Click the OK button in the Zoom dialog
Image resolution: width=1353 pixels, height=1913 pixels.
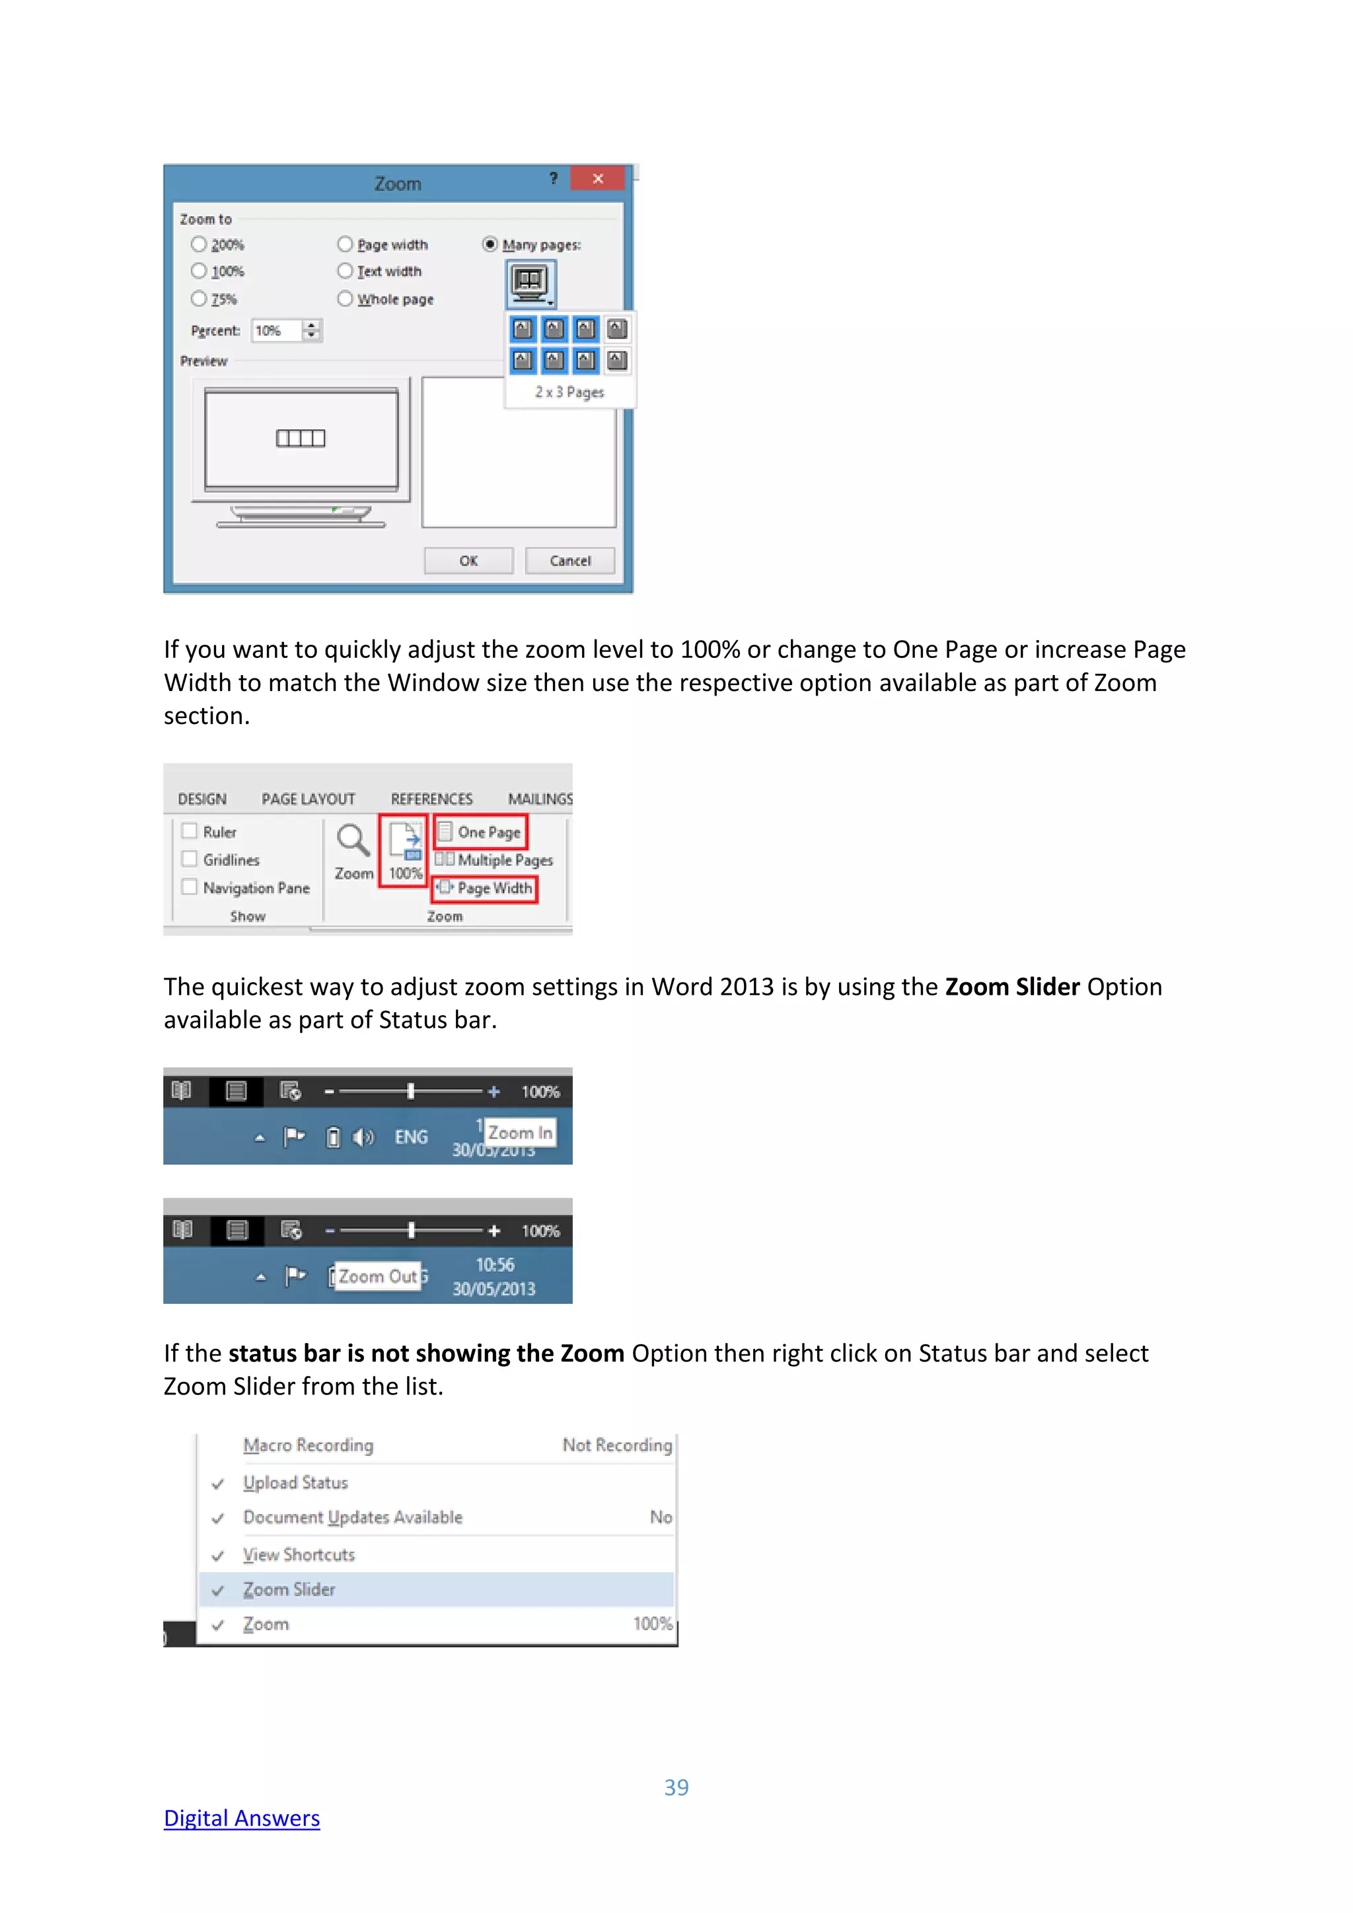pyautogui.click(x=468, y=561)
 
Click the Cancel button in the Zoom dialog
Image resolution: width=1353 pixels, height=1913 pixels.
pyautogui.click(x=570, y=561)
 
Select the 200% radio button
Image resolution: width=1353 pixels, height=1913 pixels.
pyautogui.click(x=199, y=244)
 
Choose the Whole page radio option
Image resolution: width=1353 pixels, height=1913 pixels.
pyautogui.click(x=346, y=299)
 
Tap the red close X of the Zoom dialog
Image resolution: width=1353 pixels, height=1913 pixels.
pyautogui.click(x=597, y=178)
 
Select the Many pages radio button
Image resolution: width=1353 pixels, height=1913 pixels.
pyautogui.click(x=490, y=244)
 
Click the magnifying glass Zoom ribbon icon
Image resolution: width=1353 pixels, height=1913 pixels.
pyautogui.click(x=353, y=842)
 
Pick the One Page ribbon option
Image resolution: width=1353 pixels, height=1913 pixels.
pyautogui.click(x=481, y=832)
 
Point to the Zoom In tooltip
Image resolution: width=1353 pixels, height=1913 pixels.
pyautogui.click(x=520, y=1132)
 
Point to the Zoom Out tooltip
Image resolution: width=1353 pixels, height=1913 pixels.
pyautogui.click(x=377, y=1276)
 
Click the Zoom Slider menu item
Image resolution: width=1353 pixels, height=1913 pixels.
pyautogui.click(x=289, y=1590)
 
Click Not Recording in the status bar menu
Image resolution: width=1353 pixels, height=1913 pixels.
pyautogui.click(x=616, y=1445)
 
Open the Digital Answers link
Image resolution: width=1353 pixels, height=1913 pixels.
pyautogui.click(x=242, y=1818)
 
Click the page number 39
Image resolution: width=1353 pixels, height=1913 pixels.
pyautogui.click(x=676, y=1787)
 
